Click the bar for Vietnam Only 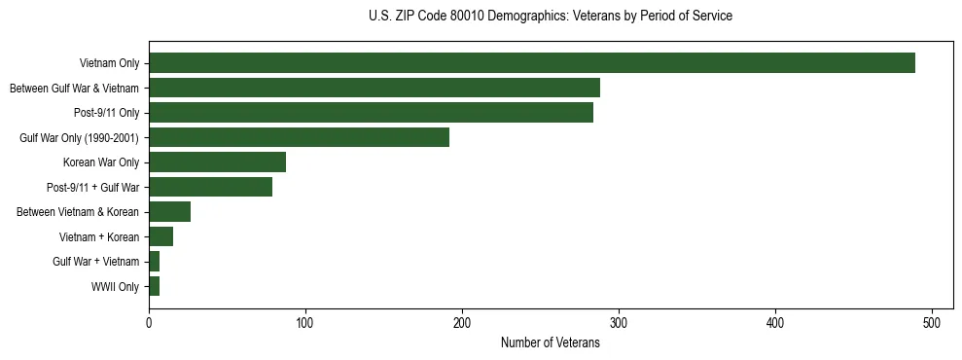[532, 63]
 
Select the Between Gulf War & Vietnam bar [374, 89]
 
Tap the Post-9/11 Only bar [371, 113]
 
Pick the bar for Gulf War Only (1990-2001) [299, 137]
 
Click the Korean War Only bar [217, 162]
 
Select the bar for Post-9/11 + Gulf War [210, 187]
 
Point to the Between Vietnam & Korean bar [169, 212]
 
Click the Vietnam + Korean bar [160, 236]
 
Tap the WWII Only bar [154, 286]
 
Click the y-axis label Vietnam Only [109, 64]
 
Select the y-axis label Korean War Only [101, 162]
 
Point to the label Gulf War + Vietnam [96, 262]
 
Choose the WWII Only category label [115, 287]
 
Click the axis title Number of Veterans [550, 343]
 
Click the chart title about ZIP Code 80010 [551, 17]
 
